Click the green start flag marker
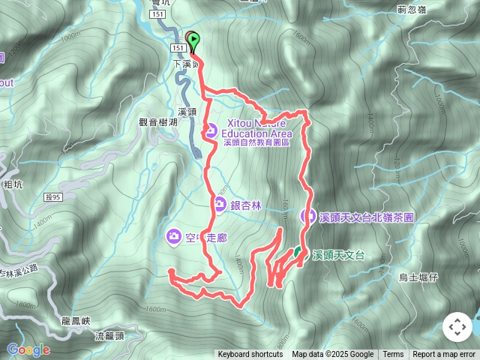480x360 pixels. (x=194, y=40)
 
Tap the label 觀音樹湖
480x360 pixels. (x=159, y=121)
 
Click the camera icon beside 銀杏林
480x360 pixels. (x=219, y=203)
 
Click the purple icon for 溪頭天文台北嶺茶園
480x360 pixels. (x=307, y=216)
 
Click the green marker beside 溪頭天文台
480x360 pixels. (x=298, y=253)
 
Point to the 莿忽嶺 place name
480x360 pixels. (x=412, y=10)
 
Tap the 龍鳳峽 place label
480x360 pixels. (x=76, y=321)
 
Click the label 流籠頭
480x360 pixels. (x=110, y=336)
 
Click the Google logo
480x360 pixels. (x=28, y=349)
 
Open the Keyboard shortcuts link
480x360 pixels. (x=250, y=355)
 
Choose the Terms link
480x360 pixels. (x=393, y=355)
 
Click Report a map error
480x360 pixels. (x=444, y=355)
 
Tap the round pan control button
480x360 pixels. (x=457, y=327)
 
